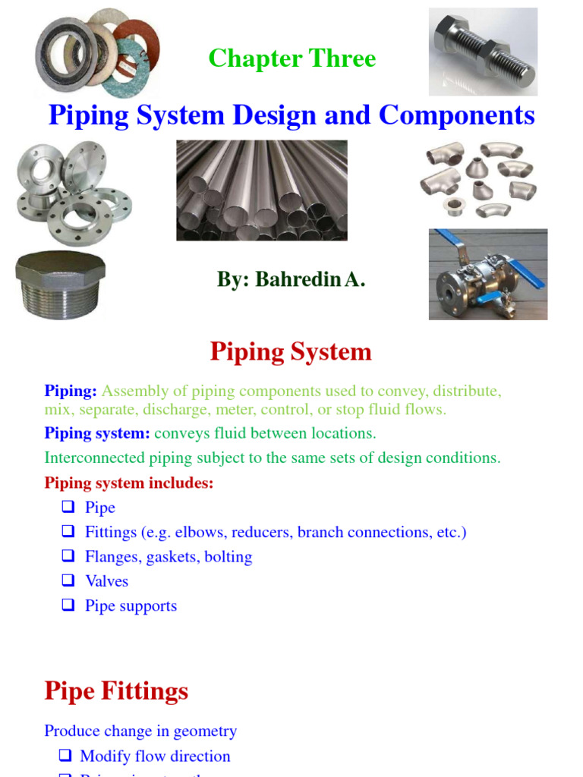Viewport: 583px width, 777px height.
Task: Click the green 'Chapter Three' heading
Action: pos(291,58)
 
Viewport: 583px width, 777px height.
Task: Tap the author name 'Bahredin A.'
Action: pos(310,279)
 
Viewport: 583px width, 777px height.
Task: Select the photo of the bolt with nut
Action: pos(483,51)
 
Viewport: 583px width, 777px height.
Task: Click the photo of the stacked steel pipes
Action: pos(262,190)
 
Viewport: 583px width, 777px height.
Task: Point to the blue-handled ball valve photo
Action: pos(487,274)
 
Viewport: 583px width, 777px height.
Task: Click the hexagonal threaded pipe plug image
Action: pos(61,285)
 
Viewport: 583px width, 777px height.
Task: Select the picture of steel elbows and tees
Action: pos(478,179)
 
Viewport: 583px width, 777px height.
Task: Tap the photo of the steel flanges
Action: pos(73,193)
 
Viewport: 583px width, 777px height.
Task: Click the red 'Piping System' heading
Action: pos(291,352)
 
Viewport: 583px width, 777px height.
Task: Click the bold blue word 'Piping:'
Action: pos(71,392)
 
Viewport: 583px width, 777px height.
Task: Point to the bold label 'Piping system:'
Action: pos(97,433)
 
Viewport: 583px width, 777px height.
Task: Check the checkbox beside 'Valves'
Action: pos(69,580)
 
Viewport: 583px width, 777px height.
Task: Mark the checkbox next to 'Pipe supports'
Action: pos(69,606)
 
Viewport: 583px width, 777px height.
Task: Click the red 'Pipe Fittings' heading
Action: pos(116,691)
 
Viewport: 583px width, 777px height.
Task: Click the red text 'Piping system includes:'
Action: pos(129,483)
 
